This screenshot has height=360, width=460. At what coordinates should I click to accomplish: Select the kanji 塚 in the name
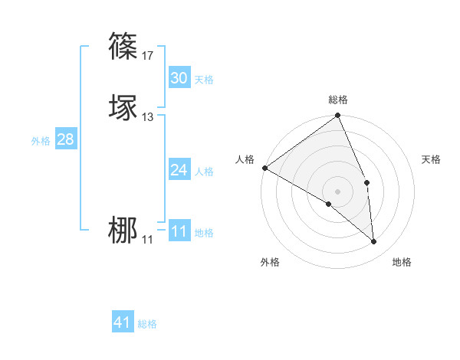[x=124, y=107]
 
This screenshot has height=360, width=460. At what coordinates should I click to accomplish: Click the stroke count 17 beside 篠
[x=148, y=55]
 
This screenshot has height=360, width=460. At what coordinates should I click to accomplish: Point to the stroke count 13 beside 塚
[x=148, y=117]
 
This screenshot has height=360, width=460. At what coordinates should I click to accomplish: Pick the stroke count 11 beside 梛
[x=147, y=240]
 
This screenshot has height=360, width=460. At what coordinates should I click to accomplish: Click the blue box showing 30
[x=179, y=78]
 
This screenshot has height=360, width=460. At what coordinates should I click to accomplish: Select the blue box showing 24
[x=179, y=170]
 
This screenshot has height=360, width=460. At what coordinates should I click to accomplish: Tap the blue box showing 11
[x=179, y=231]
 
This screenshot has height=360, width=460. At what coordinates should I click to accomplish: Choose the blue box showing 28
[x=65, y=139]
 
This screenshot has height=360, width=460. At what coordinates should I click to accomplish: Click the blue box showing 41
[x=123, y=323]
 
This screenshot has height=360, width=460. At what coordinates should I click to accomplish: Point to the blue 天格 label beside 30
[x=204, y=80]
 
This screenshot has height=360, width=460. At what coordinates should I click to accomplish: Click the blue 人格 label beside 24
[x=204, y=172]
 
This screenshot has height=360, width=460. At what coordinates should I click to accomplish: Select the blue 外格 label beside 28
[x=41, y=141]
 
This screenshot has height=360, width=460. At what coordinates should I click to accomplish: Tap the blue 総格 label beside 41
[x=147, y=325]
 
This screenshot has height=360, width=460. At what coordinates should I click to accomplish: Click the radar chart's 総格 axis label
[x=338, y=100]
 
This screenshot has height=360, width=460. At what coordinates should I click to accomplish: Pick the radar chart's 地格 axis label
[x=402, y=263]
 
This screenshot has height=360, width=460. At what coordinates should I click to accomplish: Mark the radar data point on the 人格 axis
[x=264, y=168]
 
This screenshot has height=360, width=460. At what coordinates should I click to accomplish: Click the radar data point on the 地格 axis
[x=374, y=242]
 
